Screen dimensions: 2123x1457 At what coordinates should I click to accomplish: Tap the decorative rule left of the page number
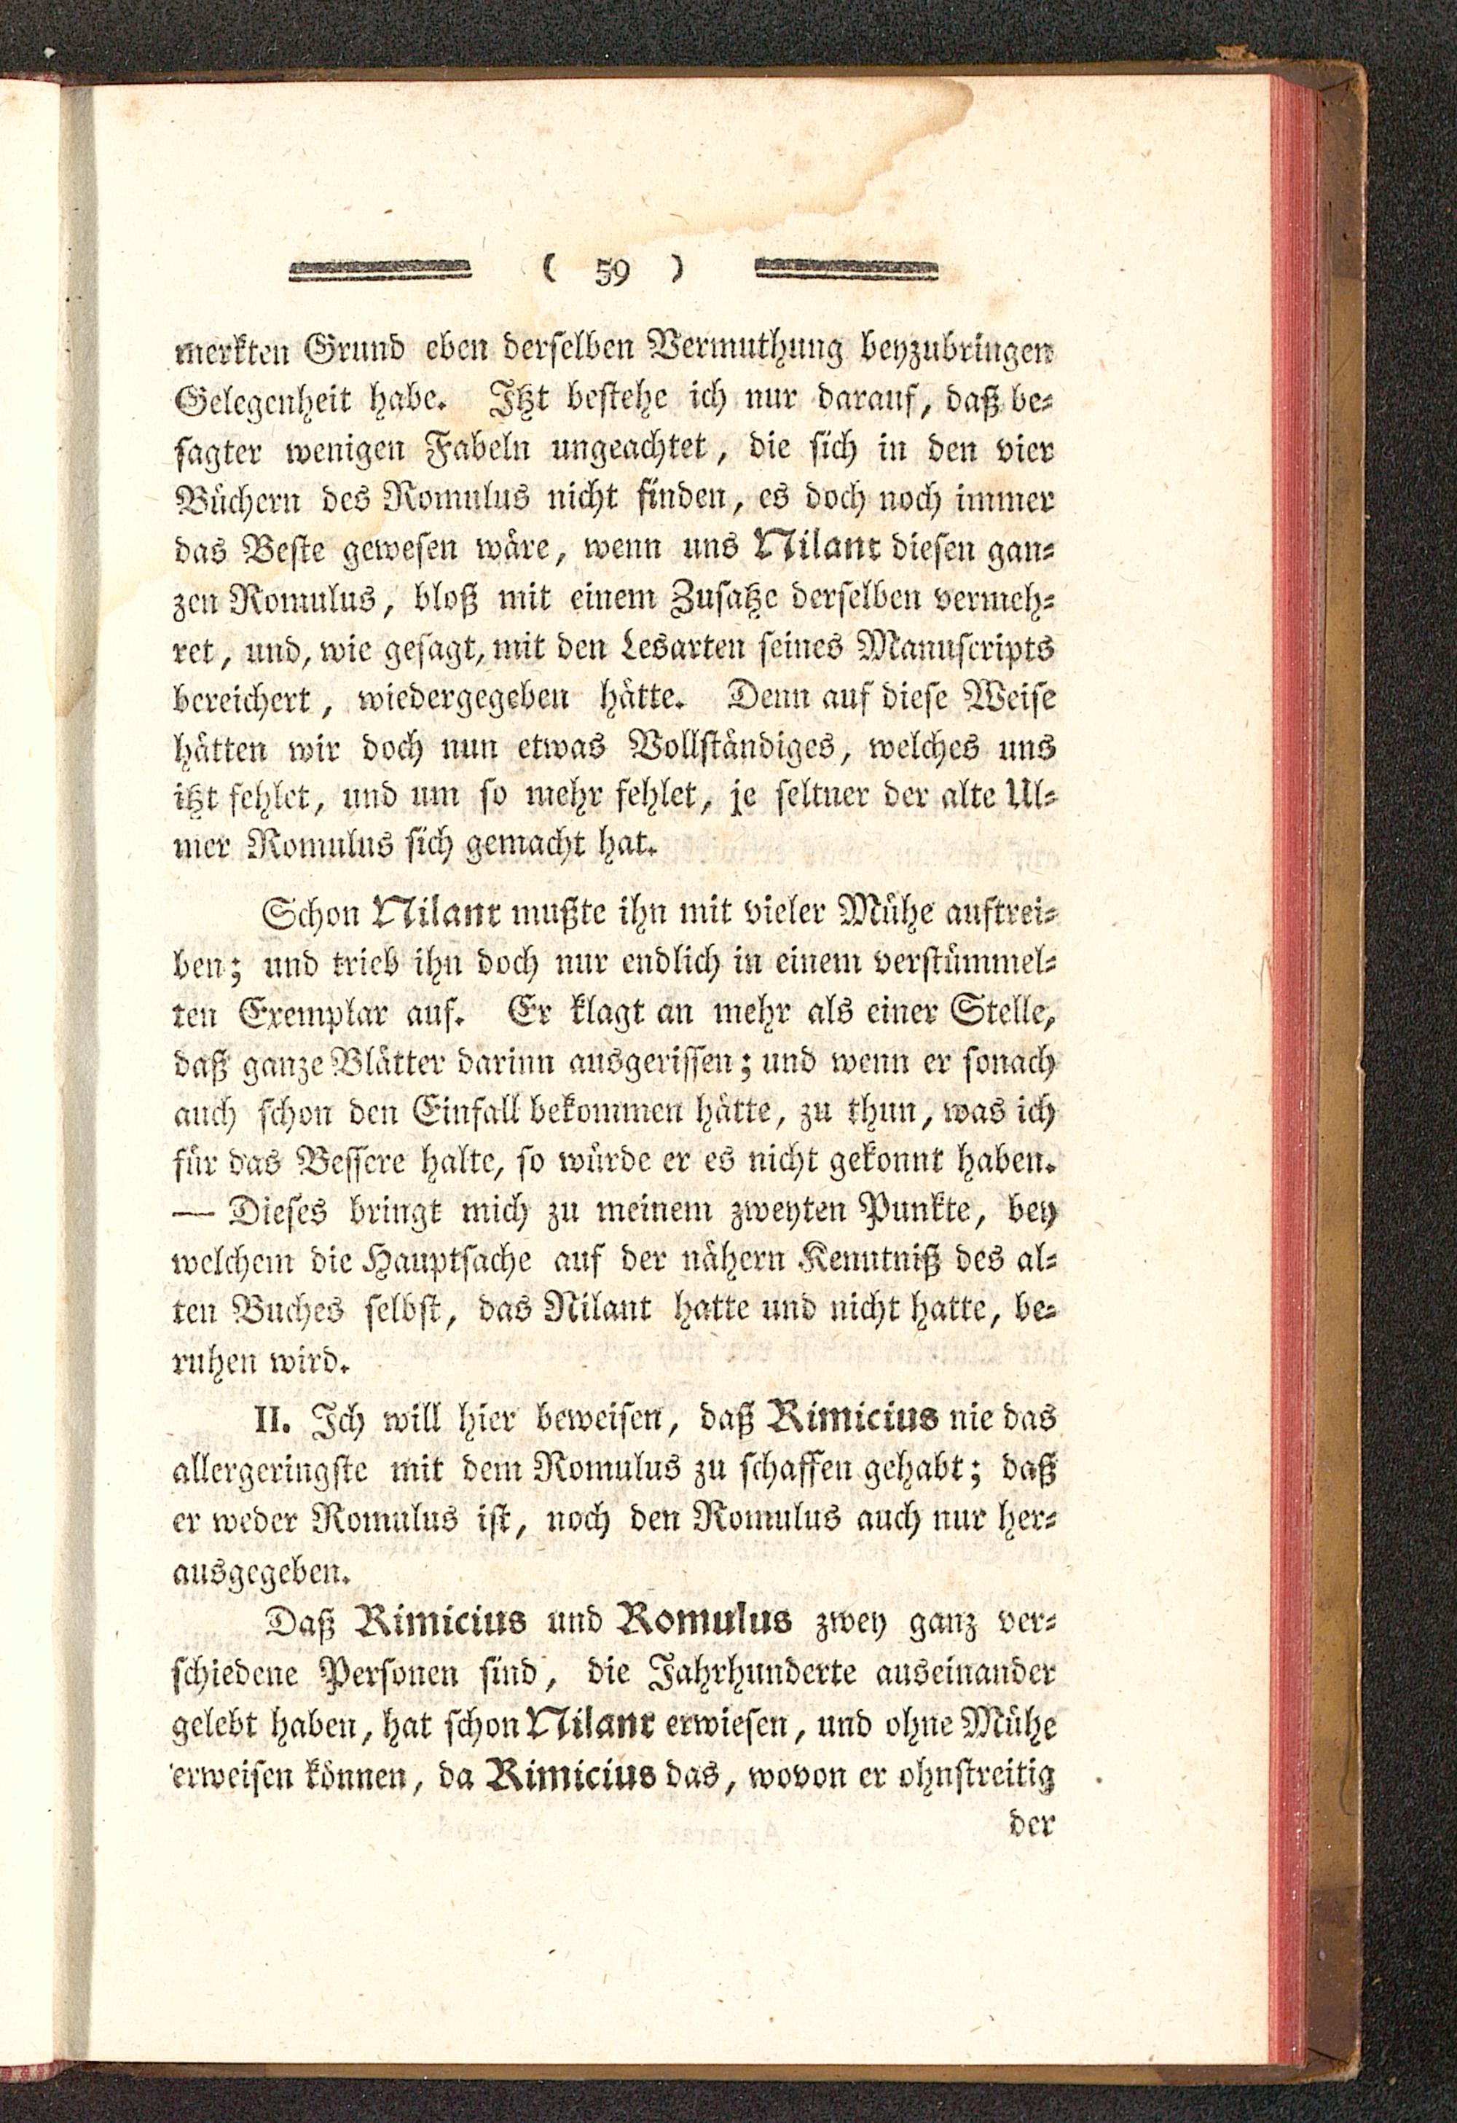(378, 270)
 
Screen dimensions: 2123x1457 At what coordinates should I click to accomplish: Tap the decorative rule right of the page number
(848, 270)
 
